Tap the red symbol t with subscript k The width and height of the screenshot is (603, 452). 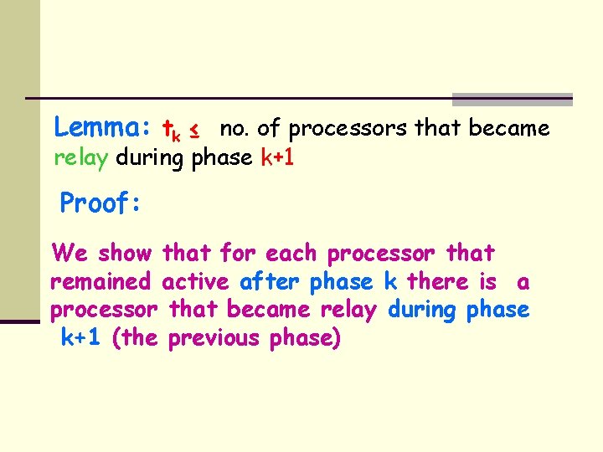171,130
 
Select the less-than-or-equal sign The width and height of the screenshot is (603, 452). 193,130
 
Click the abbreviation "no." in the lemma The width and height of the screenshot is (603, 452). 234,128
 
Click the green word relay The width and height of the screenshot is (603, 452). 81,157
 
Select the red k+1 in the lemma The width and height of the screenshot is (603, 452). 277,157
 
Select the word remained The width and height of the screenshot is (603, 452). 101,281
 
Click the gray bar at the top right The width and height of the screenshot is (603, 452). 512,100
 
